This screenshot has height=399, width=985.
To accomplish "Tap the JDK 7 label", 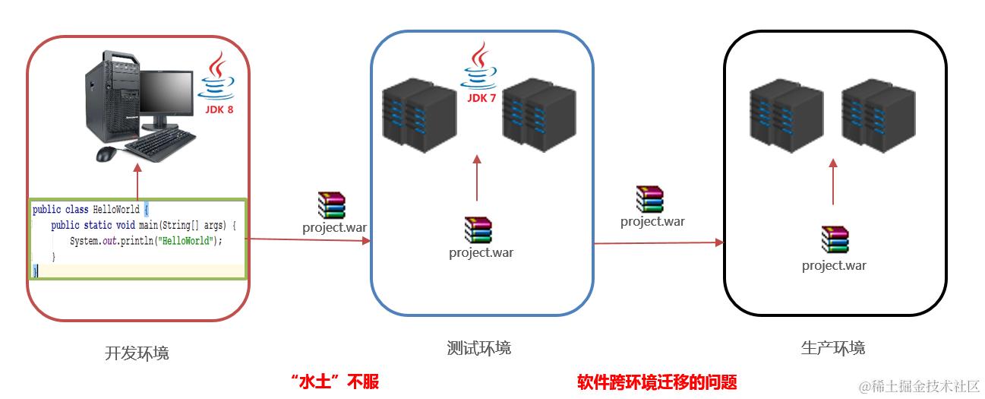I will click(481, 98).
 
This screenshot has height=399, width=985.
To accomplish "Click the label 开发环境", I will click(137, 353).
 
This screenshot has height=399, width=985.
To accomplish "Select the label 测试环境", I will click(479, 348).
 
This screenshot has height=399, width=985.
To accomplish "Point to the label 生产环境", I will click(833, 348).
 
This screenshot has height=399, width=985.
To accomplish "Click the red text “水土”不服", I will click(334, 382).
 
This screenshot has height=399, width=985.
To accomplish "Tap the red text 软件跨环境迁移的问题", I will click(657, 382).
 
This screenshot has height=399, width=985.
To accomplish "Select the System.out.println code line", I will click(145, 241).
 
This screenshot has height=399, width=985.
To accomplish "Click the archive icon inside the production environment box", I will click(834, 239).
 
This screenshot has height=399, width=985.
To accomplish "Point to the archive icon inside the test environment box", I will click(478, 230).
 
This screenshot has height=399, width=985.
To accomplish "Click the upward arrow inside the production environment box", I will click(833, 182).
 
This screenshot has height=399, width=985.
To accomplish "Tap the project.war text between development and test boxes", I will click(334, 226).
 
